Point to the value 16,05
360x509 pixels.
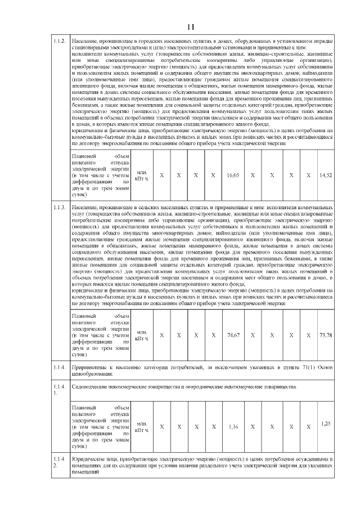233,176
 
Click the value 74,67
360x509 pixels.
233,335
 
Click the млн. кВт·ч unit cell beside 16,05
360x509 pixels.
142,176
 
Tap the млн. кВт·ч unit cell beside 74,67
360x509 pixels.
142,335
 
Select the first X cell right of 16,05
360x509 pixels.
253,176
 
